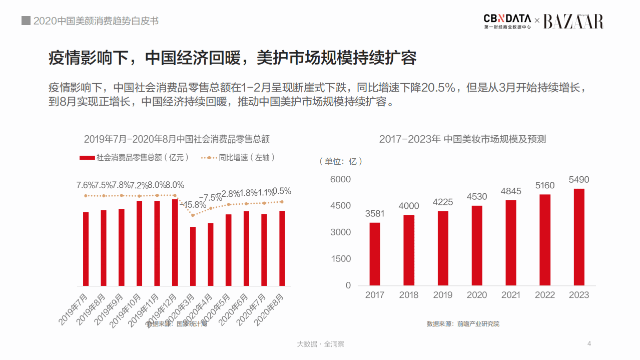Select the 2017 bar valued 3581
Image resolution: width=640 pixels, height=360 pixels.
(375, 254)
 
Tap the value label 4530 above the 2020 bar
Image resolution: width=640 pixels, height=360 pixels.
(476, 196)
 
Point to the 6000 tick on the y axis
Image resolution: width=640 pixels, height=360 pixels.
(341, 179)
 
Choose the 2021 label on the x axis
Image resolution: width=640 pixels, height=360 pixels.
(510, 295)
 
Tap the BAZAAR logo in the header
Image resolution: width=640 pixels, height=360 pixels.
(573, 21)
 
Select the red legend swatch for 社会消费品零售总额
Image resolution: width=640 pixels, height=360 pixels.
(87, 158)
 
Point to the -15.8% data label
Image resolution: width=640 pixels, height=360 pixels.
(193, 204)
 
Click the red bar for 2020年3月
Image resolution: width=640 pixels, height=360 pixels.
(193, 256)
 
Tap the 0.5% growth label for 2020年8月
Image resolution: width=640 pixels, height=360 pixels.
(282, 191)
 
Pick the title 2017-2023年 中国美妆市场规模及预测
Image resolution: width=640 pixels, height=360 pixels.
(462, 139)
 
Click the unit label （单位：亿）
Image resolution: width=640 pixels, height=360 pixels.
(340, 161)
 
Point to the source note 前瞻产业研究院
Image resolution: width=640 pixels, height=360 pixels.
(478, 324)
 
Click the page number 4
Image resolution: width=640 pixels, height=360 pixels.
(589, 343)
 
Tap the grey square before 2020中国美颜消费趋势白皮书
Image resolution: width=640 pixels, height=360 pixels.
(26, 21)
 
